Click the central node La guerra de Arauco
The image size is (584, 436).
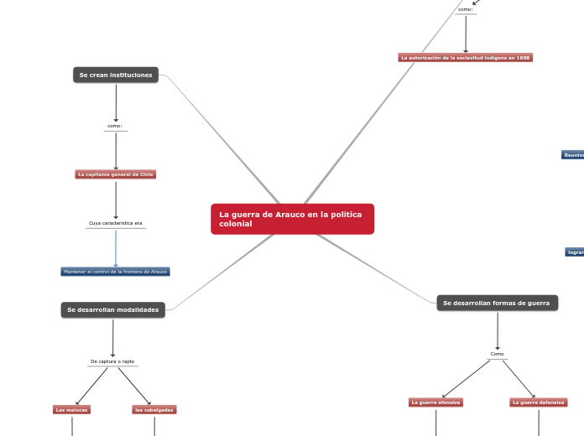point(292,219)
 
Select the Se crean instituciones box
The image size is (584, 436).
point(116,75)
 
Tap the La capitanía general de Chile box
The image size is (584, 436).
point(116,174)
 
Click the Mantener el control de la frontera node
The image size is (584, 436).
point(116,272)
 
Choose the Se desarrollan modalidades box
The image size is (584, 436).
point(112,310)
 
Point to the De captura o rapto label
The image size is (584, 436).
point(112,361)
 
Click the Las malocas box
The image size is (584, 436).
point(71,410)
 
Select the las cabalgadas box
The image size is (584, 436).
point(154,410)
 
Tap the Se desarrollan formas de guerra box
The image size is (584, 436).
point(497,303)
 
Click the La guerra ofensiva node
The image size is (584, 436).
point(435,402)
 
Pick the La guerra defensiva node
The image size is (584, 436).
point(539,402)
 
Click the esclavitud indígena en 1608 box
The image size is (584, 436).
point(465,58)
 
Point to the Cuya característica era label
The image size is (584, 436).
point(116,224)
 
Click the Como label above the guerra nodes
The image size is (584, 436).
point(498,354)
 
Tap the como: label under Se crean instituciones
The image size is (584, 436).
point(116,127)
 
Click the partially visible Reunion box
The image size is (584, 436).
point(574,155)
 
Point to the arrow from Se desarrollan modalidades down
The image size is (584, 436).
point(112,338)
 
